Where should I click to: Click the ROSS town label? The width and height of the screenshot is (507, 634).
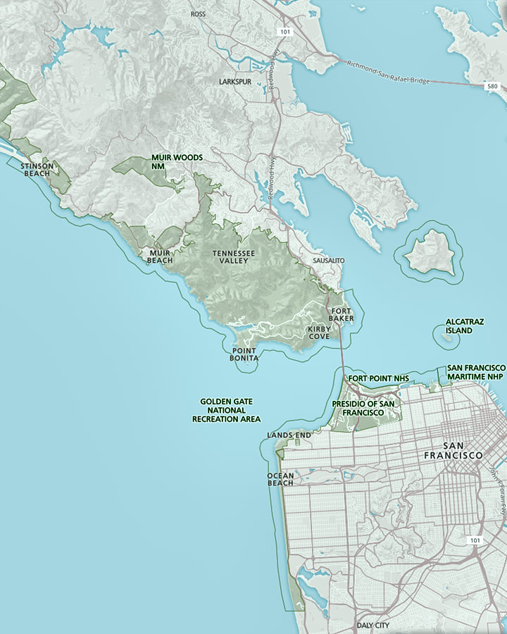tap(198, 13)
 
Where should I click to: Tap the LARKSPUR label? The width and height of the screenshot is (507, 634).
tap(234, 82)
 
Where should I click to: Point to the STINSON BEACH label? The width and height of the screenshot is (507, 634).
tap(37, 170)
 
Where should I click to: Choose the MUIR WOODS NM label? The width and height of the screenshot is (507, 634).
tap(177, 161)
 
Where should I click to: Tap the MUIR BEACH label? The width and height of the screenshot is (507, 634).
tap(160, 256)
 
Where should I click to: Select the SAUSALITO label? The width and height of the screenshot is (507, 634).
tap(328, 261)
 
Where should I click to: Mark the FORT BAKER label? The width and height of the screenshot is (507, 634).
tap(341, 314)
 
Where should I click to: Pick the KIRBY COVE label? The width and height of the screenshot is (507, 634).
tap(318, 332)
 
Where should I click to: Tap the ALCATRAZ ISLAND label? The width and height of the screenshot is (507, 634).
tap(464, 325)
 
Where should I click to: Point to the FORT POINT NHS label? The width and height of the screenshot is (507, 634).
tap(378, 378)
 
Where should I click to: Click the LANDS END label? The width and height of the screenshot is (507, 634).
tap(289, 435)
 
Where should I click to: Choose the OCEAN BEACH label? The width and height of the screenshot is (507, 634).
tap(280, 479)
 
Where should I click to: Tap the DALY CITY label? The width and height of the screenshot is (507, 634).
tap(373, 625)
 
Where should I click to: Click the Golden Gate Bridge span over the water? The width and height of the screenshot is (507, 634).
tap(342, 352)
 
